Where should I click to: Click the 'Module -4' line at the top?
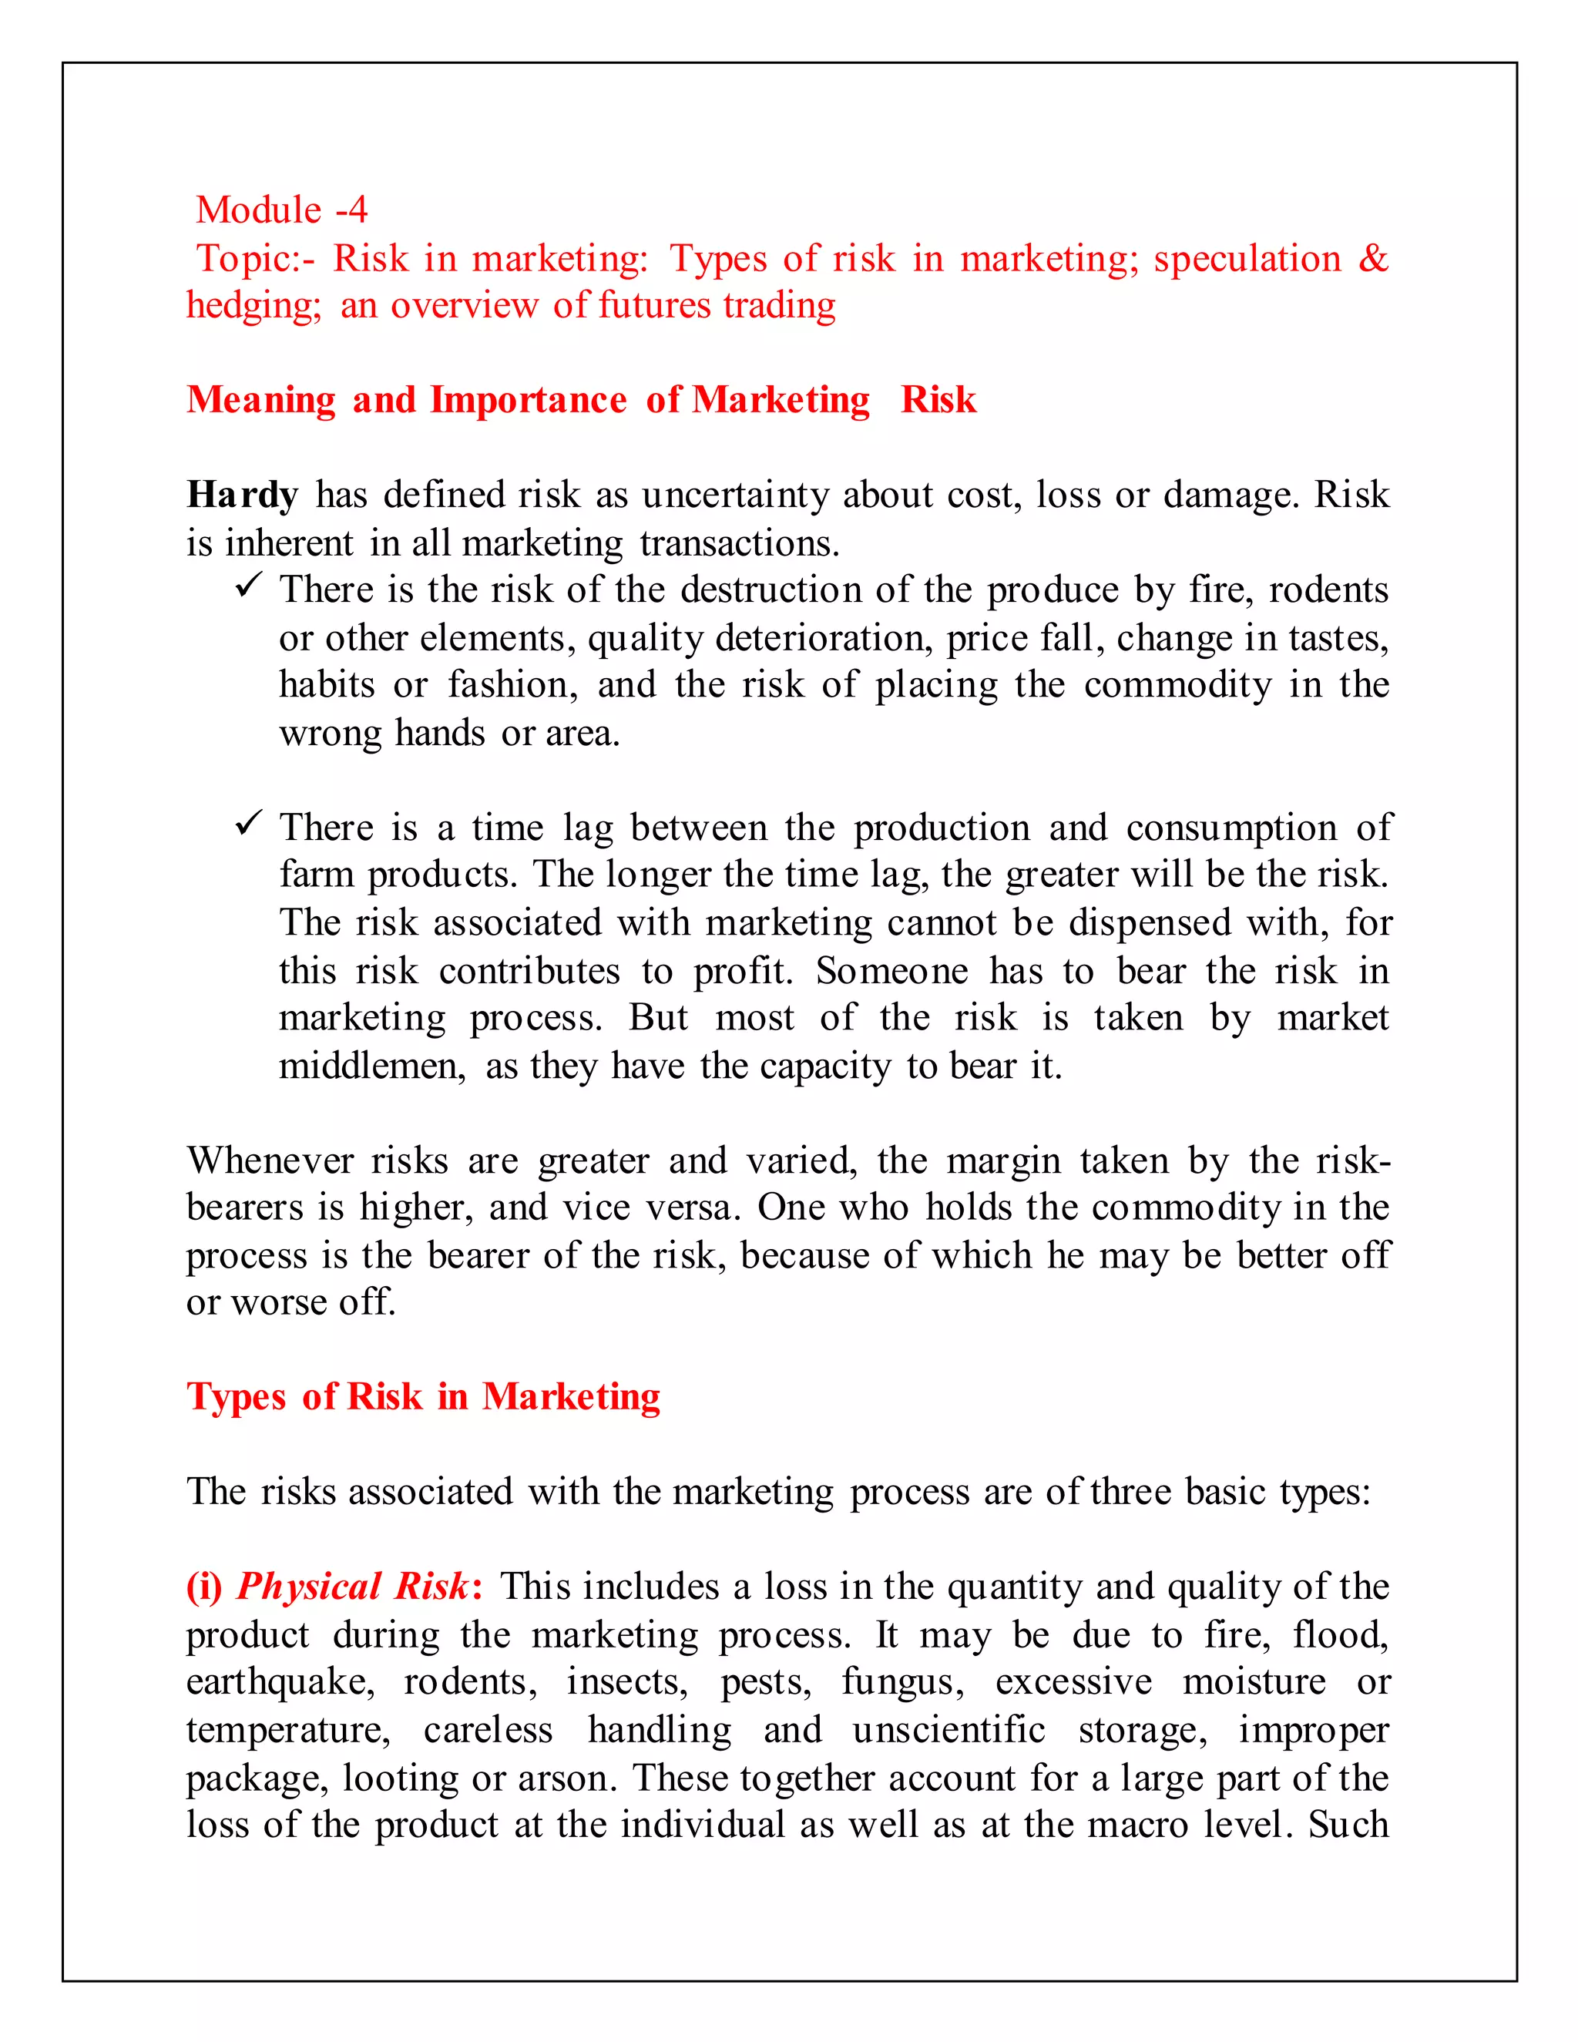[x=281, y=210]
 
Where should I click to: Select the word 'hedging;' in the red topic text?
[x=253, y=306]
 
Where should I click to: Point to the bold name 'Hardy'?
[x=242, y=495]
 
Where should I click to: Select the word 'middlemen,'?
[x=372, y=1066]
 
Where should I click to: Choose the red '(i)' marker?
[x=203, y=1587]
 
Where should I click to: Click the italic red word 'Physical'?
[x=308, y=1587]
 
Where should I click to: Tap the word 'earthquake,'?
[x=280, y=1682]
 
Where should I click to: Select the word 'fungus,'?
[x=902, y=1682]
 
